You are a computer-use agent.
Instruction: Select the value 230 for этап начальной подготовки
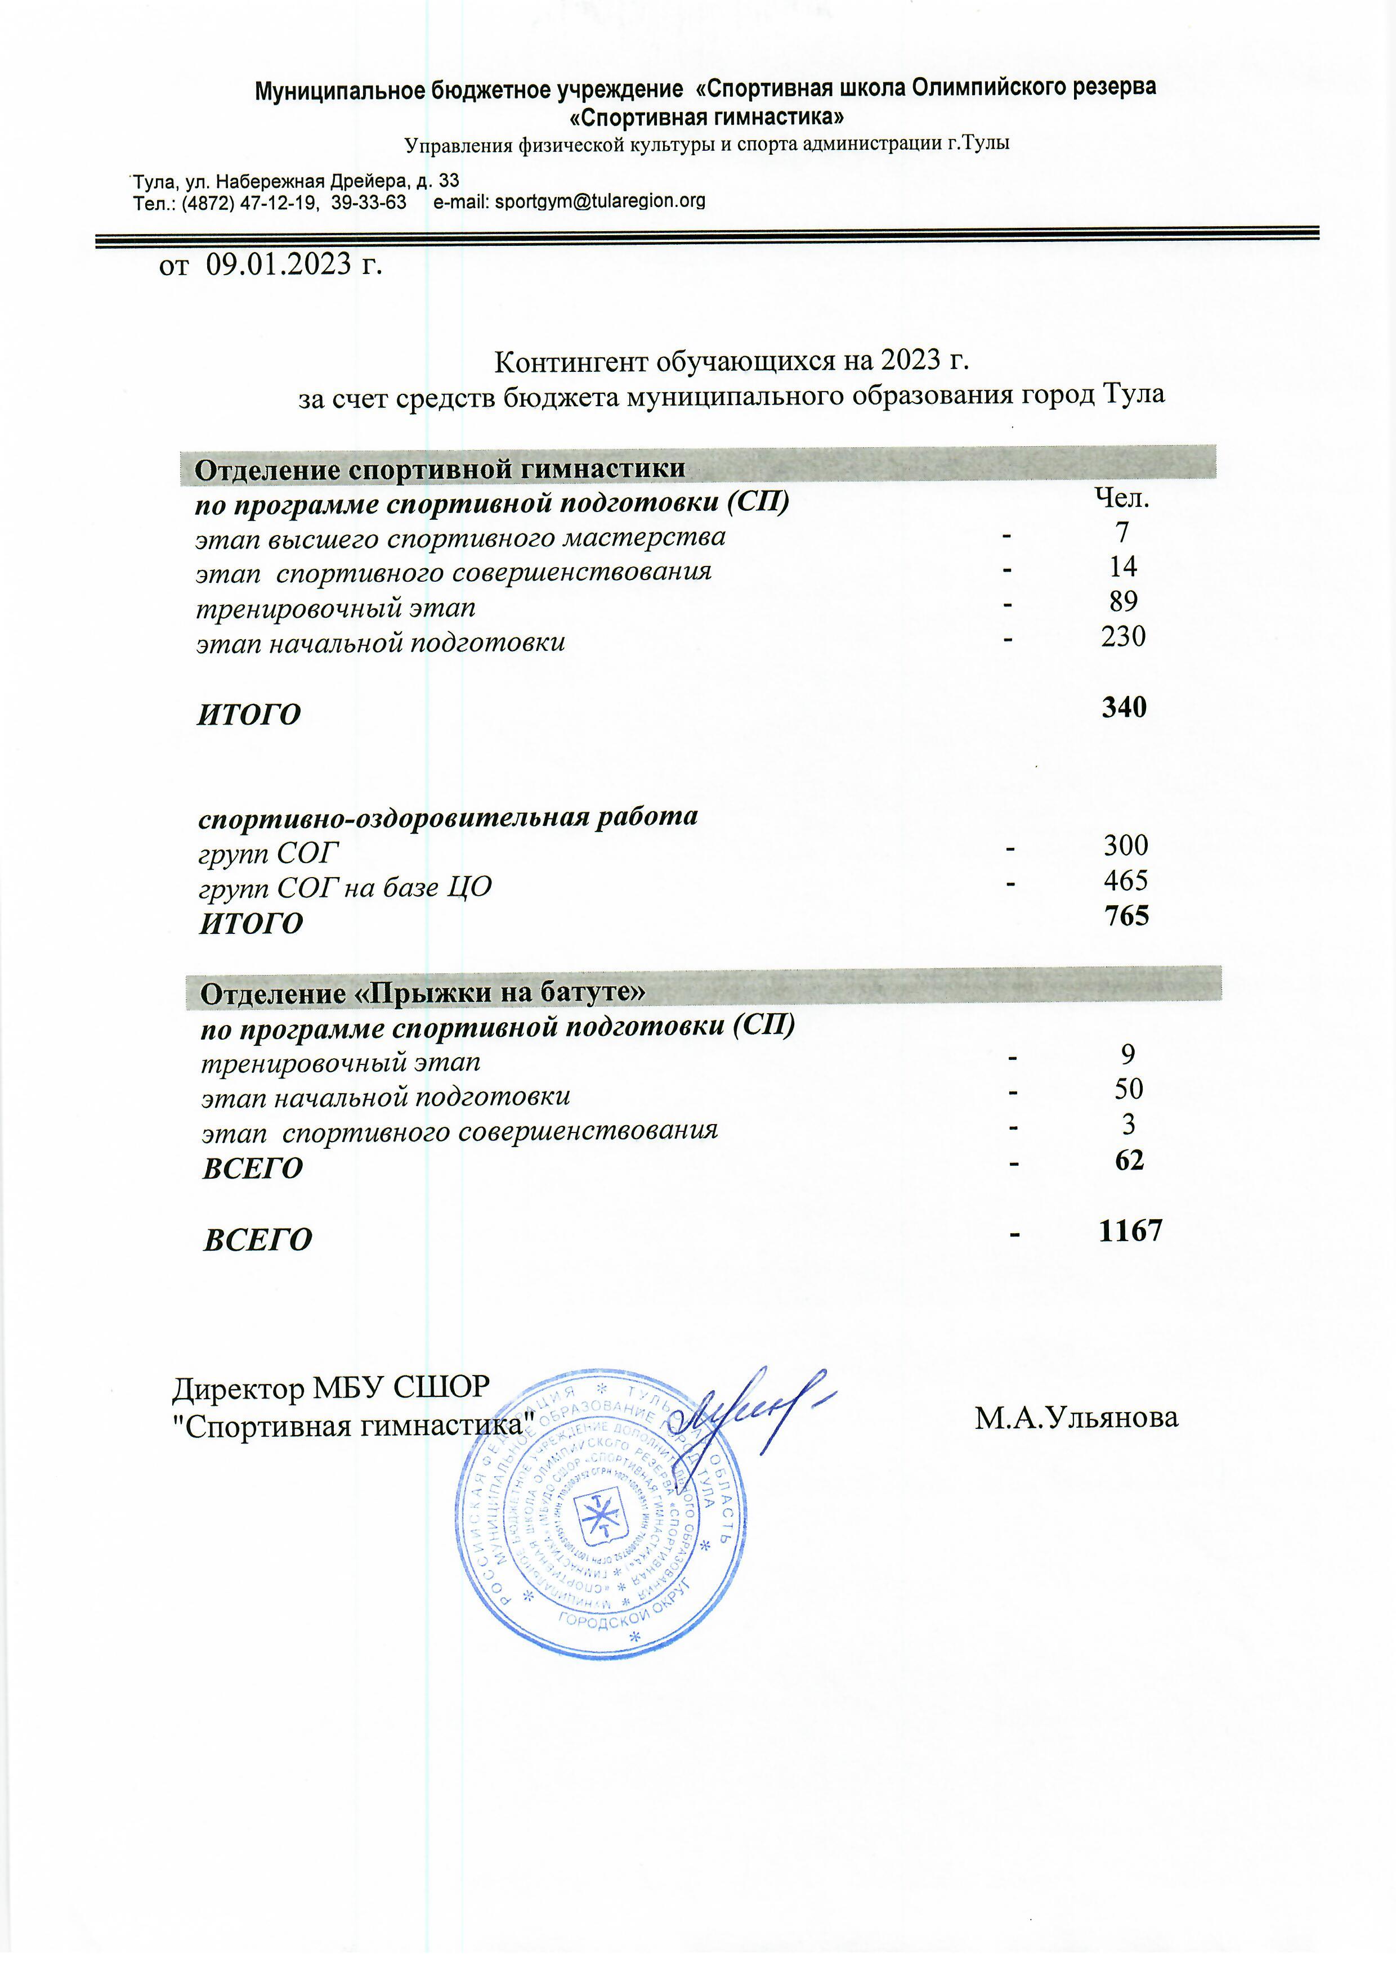[x=1122, y=637]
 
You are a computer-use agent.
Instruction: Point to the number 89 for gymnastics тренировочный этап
[x=1122, y=601]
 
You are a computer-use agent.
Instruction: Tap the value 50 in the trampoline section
[x=1128, y=1090]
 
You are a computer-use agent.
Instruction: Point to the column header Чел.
[x=1121, y=498]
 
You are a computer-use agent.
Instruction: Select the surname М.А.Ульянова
[x=1076, y=1418]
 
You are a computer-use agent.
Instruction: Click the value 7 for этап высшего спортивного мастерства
[x=1122, y=533]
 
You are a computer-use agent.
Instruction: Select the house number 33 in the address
[x=449, y=181]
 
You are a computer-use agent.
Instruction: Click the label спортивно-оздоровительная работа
[x=448, y=816]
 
